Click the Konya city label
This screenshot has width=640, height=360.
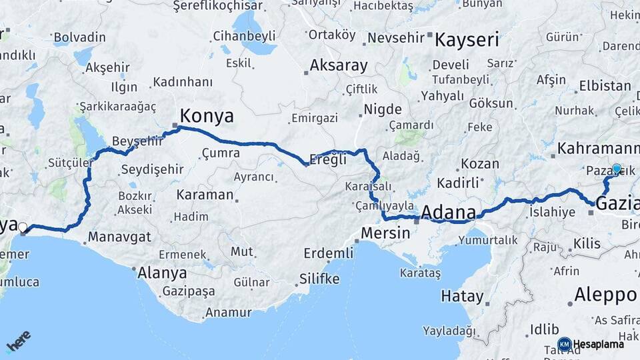coord(207,116)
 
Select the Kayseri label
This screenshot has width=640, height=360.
coord(467,40)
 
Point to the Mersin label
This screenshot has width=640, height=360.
coord(385,233)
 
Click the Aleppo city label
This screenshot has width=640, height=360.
coord(606,295)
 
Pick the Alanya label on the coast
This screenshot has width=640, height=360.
coord(162,272)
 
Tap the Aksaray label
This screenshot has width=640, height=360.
coord(339,65)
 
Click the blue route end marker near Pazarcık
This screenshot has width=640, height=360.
coord(616,169)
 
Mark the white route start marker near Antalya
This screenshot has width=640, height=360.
coord(23,227)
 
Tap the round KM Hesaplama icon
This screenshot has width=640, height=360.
coord(564,344)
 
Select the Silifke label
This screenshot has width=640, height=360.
coord(319,279)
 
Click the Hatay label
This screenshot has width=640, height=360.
coord(462,296)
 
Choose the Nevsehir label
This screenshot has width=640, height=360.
coord(396,37)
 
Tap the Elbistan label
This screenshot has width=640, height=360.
coord(605,86)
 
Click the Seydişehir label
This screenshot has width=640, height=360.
coord(151,169)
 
